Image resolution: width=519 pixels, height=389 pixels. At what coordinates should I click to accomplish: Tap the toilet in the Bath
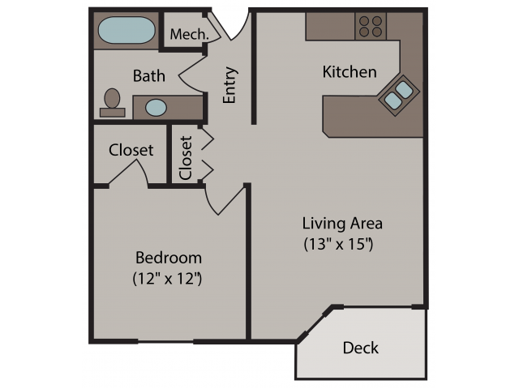[x=112, y=103]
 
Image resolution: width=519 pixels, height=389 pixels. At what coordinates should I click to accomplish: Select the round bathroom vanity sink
[x=156, y=108]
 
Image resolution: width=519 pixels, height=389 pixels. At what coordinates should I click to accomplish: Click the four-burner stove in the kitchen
[x=371, y=27]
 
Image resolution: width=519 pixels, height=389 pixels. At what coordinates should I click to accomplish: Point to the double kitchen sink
[x=399, y=95]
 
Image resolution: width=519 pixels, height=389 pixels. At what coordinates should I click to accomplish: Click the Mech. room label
[x=190, y=34]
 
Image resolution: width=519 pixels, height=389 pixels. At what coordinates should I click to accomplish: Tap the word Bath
[x=149, y=75]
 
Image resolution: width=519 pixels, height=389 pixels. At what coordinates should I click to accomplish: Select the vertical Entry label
[x=229, y=85]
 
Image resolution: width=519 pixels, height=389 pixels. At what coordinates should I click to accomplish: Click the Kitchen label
[x=350, y=72]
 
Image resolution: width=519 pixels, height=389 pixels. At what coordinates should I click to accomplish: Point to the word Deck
[x=360, y=348]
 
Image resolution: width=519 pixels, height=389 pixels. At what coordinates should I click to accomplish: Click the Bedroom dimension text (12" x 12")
[x=167, y=279]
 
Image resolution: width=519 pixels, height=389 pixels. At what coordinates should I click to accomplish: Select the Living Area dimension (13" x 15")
[x=338, y=244]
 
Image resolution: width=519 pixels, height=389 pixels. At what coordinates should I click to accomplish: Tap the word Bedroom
[x=169, y=258]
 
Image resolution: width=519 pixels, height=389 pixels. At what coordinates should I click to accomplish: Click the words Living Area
[x=342, y=224]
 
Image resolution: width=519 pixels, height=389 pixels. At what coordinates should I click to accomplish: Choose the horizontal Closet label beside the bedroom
[x=131, y=150]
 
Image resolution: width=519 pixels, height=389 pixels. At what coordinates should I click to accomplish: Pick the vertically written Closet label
[x=186, y=158]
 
